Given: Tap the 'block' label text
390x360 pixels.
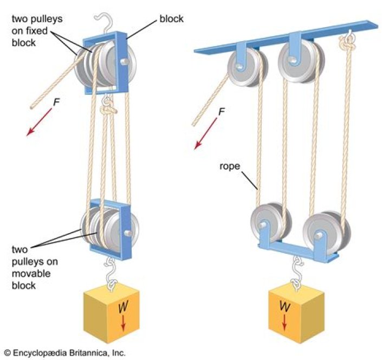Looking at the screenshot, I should [x=171, y=19].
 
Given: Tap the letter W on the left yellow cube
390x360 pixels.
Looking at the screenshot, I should [x=122, y=310].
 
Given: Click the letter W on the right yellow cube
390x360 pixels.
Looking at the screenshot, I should [x=283, y=308].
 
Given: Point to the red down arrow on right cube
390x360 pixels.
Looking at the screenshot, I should [x=283, y=322].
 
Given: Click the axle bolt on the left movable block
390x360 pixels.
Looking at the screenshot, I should [x=128, y=234].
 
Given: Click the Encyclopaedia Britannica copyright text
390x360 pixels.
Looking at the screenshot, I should [x=64, y=352].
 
